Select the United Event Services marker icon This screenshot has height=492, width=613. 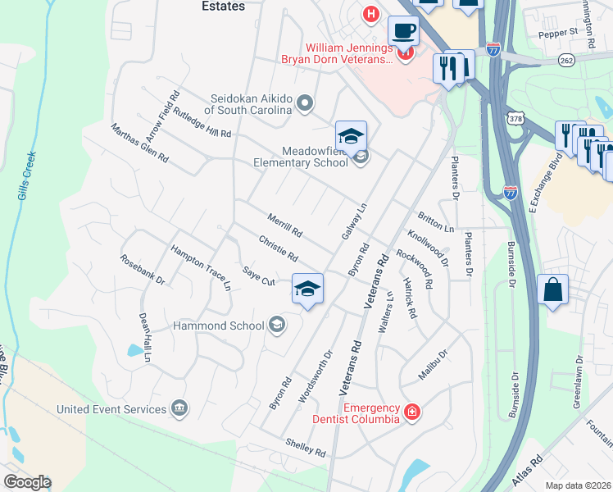tap(179, 408)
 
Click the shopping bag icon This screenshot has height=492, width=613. tap(553, 290)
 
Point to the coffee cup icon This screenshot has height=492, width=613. tap(402, 32)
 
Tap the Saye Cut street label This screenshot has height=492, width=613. tap(258, 276)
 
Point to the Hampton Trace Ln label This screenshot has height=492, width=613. tap(201, 267)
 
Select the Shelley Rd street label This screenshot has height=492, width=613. tap(306, 447)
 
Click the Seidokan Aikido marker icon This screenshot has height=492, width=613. tap(305, 102)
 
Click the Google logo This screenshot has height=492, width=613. tap(26, 482)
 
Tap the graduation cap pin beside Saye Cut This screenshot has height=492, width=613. tap(307, 289)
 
